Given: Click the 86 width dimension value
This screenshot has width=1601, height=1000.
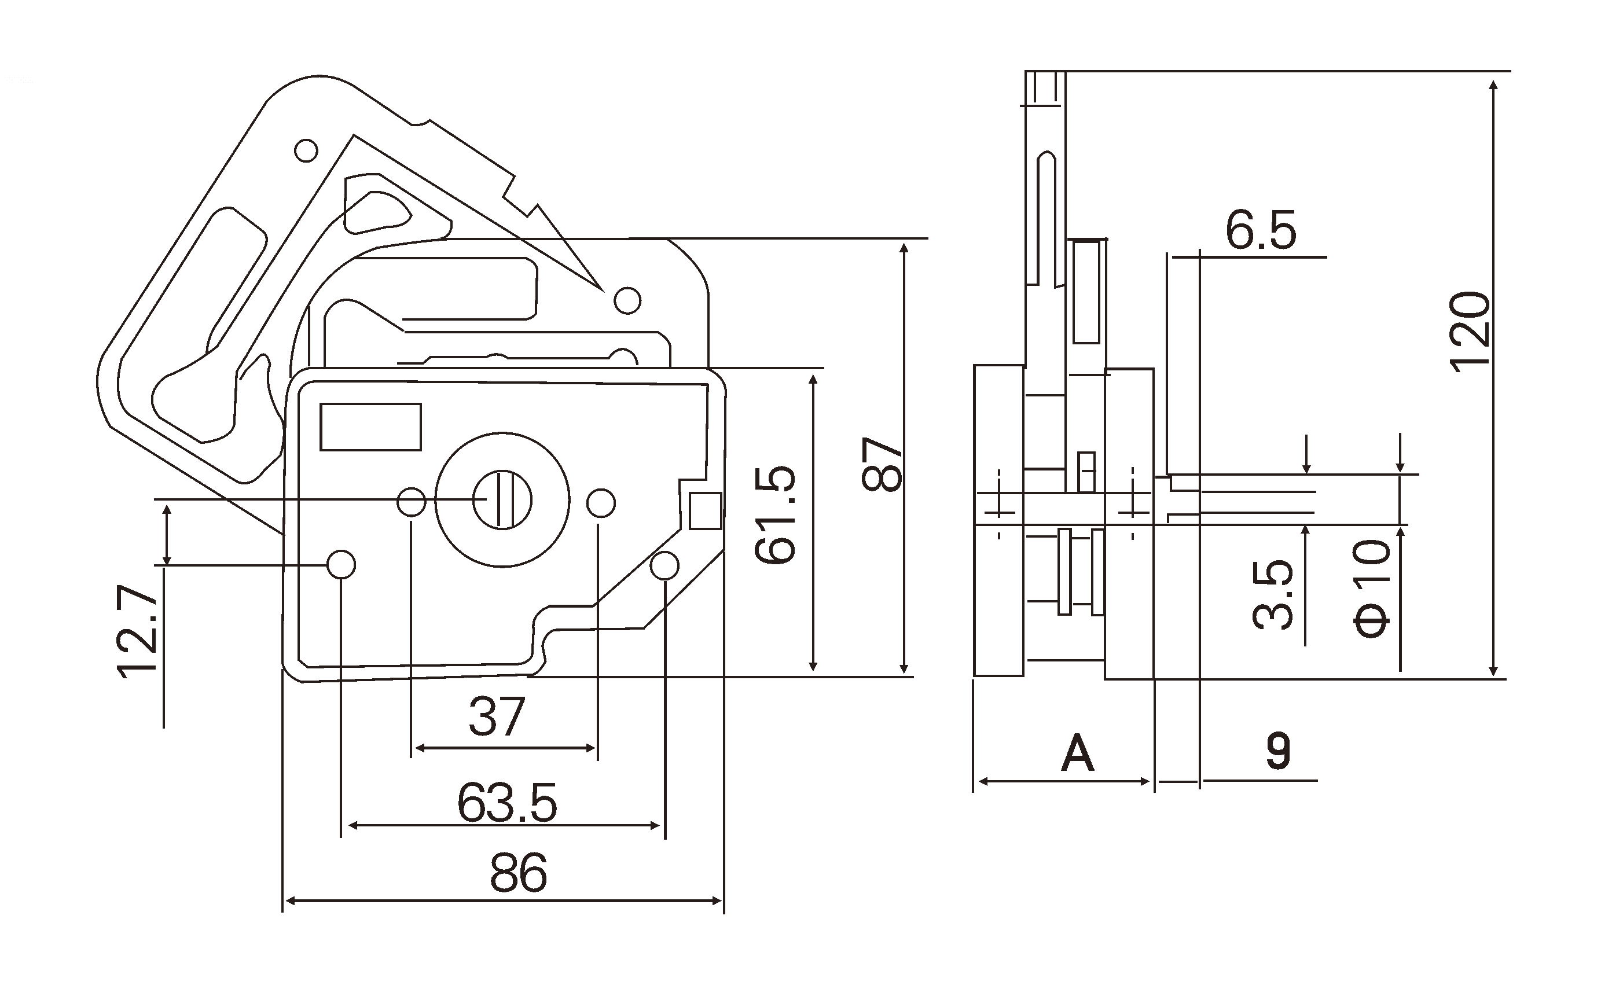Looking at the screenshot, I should (x=519, y=874).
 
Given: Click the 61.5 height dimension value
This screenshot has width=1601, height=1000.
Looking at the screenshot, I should (x=775, y=514).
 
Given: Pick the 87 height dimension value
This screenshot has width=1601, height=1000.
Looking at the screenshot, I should (x=882, y=464).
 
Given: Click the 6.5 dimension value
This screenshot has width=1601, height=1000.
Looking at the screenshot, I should (x=1261, y=231).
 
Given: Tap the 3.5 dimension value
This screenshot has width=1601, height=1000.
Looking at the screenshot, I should (x=1273, y=594).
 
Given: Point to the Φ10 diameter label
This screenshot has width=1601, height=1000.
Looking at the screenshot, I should (x=1372, y=587).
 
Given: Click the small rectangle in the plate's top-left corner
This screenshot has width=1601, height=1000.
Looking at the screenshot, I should (x=370, y=427).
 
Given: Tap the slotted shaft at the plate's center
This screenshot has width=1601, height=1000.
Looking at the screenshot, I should (x=502, y=499).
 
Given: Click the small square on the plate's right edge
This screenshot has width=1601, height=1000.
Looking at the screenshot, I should (x=705, y=510).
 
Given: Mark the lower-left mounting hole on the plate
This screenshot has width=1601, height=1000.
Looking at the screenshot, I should (x=342, y=564).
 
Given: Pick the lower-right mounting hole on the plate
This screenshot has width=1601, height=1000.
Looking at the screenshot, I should (x=664, y=566).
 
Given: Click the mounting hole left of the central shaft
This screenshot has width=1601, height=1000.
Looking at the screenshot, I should (x=410, y=501).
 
